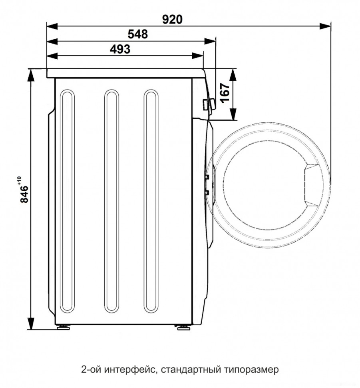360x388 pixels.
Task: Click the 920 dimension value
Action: click(172, 19)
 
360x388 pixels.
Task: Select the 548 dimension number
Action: click(138, 34)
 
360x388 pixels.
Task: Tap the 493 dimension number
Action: click(120, 49)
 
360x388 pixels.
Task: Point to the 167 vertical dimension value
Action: click(225, 93)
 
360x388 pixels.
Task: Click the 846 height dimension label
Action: click(24, 194)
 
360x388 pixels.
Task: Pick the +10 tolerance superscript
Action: click(19, 180)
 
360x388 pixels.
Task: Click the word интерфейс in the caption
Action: click(130, 370)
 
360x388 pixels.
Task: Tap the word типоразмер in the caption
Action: click(252, 370)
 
